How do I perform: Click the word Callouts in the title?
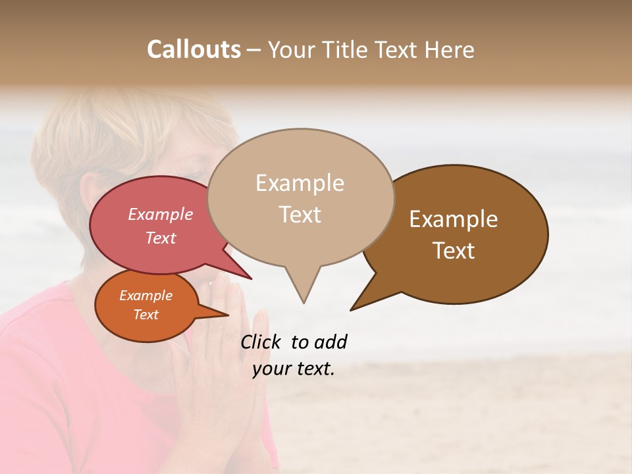[194, 49]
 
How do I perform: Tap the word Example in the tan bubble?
[300, 183]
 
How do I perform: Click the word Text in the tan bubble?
[300, 215]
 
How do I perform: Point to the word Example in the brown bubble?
[454, 219]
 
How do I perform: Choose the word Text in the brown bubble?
[454, 251]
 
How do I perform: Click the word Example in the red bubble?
[160, 214]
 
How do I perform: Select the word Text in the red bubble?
[160, 238]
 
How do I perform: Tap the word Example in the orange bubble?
[145, 296]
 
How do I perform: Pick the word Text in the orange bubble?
[145, 315]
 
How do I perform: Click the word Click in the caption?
[262, 342]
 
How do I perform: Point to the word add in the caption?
[330, 342]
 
